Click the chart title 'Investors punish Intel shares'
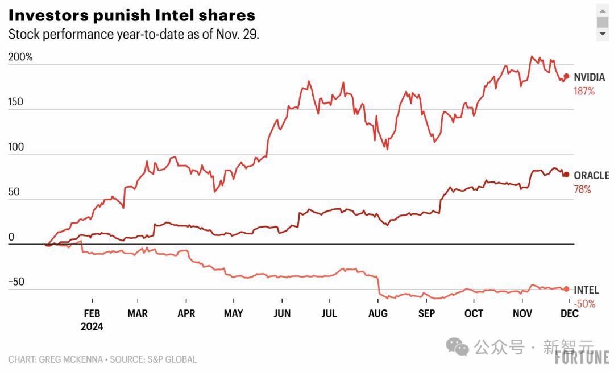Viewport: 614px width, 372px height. click(131, 15)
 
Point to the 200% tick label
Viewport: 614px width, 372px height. click(20, 57)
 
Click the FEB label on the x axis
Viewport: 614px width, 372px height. click(92, 313)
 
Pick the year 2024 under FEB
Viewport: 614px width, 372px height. click(92, 326)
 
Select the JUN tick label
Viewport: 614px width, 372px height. click(282, 313)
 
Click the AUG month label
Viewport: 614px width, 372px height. click(378, 313)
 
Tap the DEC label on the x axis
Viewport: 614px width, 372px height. click(570, 313)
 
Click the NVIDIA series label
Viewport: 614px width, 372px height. click(589, 77)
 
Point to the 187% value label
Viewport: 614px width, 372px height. click(584, 91)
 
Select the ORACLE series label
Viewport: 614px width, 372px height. click(591, 176)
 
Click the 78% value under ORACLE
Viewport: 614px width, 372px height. click(582, 189)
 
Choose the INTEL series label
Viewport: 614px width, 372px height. click(586, 290)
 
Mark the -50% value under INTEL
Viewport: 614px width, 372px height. click(584, 304)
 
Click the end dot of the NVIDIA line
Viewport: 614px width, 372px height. click(566, 76)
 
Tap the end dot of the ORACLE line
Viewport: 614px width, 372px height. click(566, 175)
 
